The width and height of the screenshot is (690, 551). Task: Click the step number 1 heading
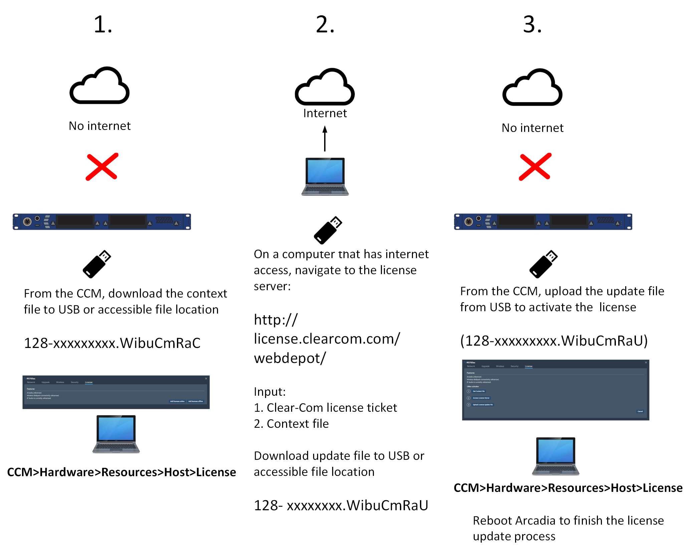(102, 25)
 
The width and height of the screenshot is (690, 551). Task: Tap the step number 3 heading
(532, 25)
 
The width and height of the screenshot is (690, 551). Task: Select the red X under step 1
(102, 167)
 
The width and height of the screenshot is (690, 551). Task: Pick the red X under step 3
(535, 167)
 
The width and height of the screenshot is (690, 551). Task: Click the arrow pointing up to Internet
(324, 138)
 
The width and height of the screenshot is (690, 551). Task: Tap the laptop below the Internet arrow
(325, 176)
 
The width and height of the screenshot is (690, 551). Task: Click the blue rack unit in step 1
(102, 222)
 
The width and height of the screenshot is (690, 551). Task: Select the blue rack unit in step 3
(543, 222)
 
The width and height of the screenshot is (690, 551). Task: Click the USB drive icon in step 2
(328, 230)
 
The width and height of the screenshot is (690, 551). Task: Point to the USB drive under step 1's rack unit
(97, 264)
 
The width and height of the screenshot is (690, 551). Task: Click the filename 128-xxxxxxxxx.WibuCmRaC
(112, 343)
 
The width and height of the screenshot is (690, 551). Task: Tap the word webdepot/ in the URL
(289, 358)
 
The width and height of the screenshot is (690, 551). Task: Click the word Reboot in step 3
(492, 521)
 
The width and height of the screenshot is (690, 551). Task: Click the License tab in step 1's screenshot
(88, 382)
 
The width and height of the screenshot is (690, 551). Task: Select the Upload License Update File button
(483, 405)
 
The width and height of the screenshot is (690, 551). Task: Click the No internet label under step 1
(99, 126)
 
